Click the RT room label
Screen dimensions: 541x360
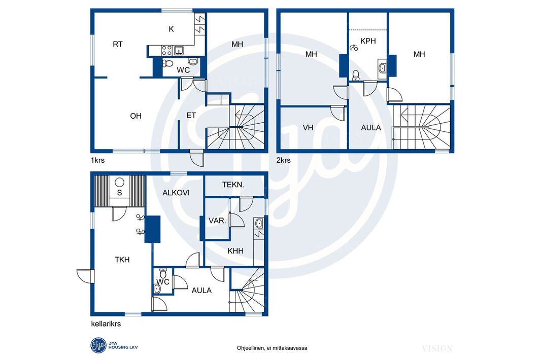pos(118,44)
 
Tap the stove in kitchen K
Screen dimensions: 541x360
pos(167,51)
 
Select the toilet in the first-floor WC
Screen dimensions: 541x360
pos(167,63)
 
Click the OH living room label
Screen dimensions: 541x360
pos(136,116)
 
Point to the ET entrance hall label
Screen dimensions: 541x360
pos(191,116)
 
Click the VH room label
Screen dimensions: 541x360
pos(308,128)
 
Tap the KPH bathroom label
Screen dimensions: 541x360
pos(368,41)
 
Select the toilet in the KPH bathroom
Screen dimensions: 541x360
pos(356,75)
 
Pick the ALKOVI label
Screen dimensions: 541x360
pos(176,193)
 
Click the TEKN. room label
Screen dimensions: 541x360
pos(233,185)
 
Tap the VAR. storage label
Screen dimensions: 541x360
pos(217,221)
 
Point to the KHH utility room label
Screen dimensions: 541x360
pos(235,251)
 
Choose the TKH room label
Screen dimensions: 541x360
pos(122,260)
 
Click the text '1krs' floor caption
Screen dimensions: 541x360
pos(97,160)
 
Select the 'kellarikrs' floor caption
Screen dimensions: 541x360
pos(106,324)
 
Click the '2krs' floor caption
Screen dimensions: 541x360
pos(284,160)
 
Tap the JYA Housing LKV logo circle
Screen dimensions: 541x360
pos(98,345)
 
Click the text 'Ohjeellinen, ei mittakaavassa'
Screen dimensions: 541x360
pos(272,348)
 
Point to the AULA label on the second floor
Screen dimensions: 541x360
pos(371,128)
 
